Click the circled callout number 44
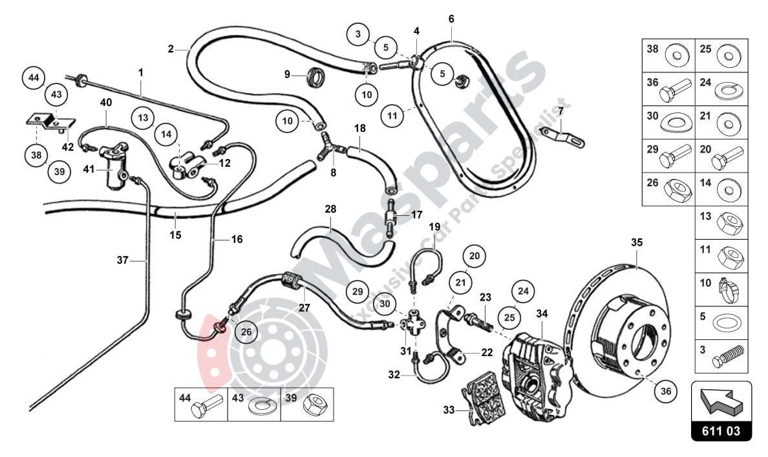pyautogui.click(x=34, y=79)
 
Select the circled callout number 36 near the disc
pyautogui.click(x=666, y=390)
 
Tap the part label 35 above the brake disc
pyautogui.click(x=637, y=243)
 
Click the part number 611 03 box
pyautogui.click(x=721, y=431)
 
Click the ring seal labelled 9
pyautogui.click(x=315, y=76)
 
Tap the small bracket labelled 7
pyautogui.click(x=564, y=136)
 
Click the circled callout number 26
pyautogui.click(x=246, y=333)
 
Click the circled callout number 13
pyautogui.click(x=143, y=117)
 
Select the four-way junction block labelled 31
pyautogui.click(x=413, y=321)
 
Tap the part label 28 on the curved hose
pyautogui.click(x=330, y=209)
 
